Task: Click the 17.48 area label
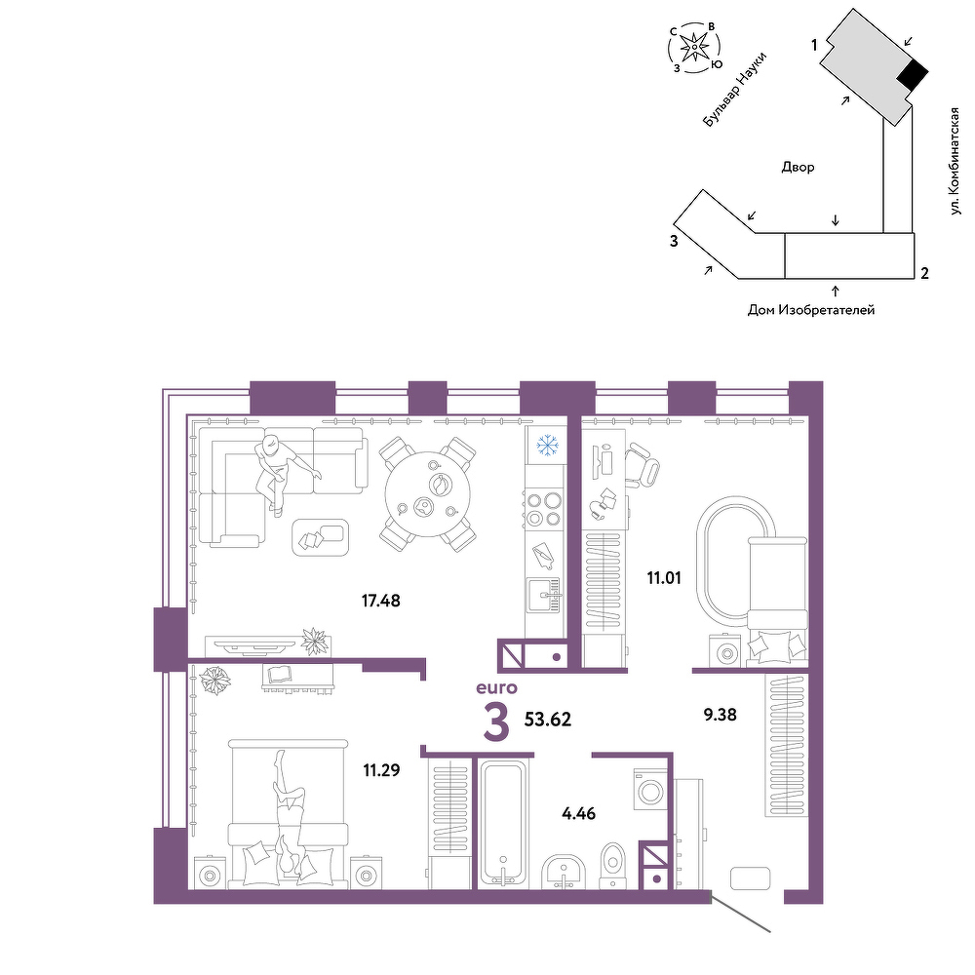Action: coord(380,601)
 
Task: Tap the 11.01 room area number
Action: coord(663,578)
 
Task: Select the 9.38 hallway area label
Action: coord(721,715)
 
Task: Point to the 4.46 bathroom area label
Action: coord(578,813)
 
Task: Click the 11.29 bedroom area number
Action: coord(381,771)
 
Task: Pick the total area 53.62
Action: coord(547,720)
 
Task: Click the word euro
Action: coord(496,687)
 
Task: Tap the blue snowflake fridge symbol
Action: coord(547,446)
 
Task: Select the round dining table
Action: coord(428,494)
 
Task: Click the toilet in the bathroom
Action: coord(612,865)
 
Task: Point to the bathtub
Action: coord(503,824)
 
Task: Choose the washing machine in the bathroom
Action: coord(650,789)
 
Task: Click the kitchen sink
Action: coord(543,596)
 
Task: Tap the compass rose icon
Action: coord(694,47)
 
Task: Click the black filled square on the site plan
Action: coord(913,76)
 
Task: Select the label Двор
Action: coord(798,168)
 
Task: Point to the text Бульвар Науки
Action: coord(734,90)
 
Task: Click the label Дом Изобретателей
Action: coord(810,310)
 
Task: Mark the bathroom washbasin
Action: coord(563,872)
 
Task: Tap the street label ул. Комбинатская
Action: coord(955,162)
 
